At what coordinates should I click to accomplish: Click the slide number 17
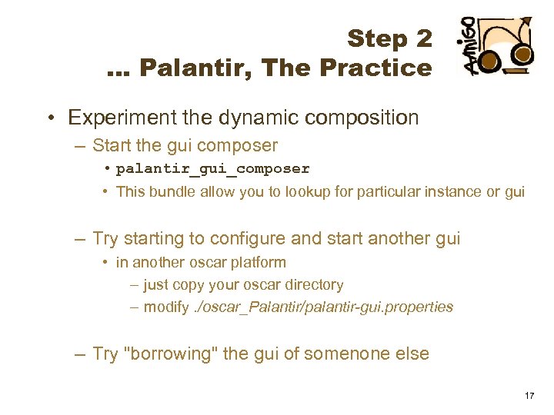[x=529, y=395]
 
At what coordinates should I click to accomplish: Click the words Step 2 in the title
[x=389, y=38]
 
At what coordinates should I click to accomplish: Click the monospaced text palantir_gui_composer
[x=212, y=168]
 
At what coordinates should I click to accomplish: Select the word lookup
[x=314, y=191]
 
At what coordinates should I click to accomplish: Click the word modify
[x=165, y=307]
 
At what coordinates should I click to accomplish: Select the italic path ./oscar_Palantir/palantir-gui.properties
[x=322, y=307]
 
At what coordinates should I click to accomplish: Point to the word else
[x=411, y=354]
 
